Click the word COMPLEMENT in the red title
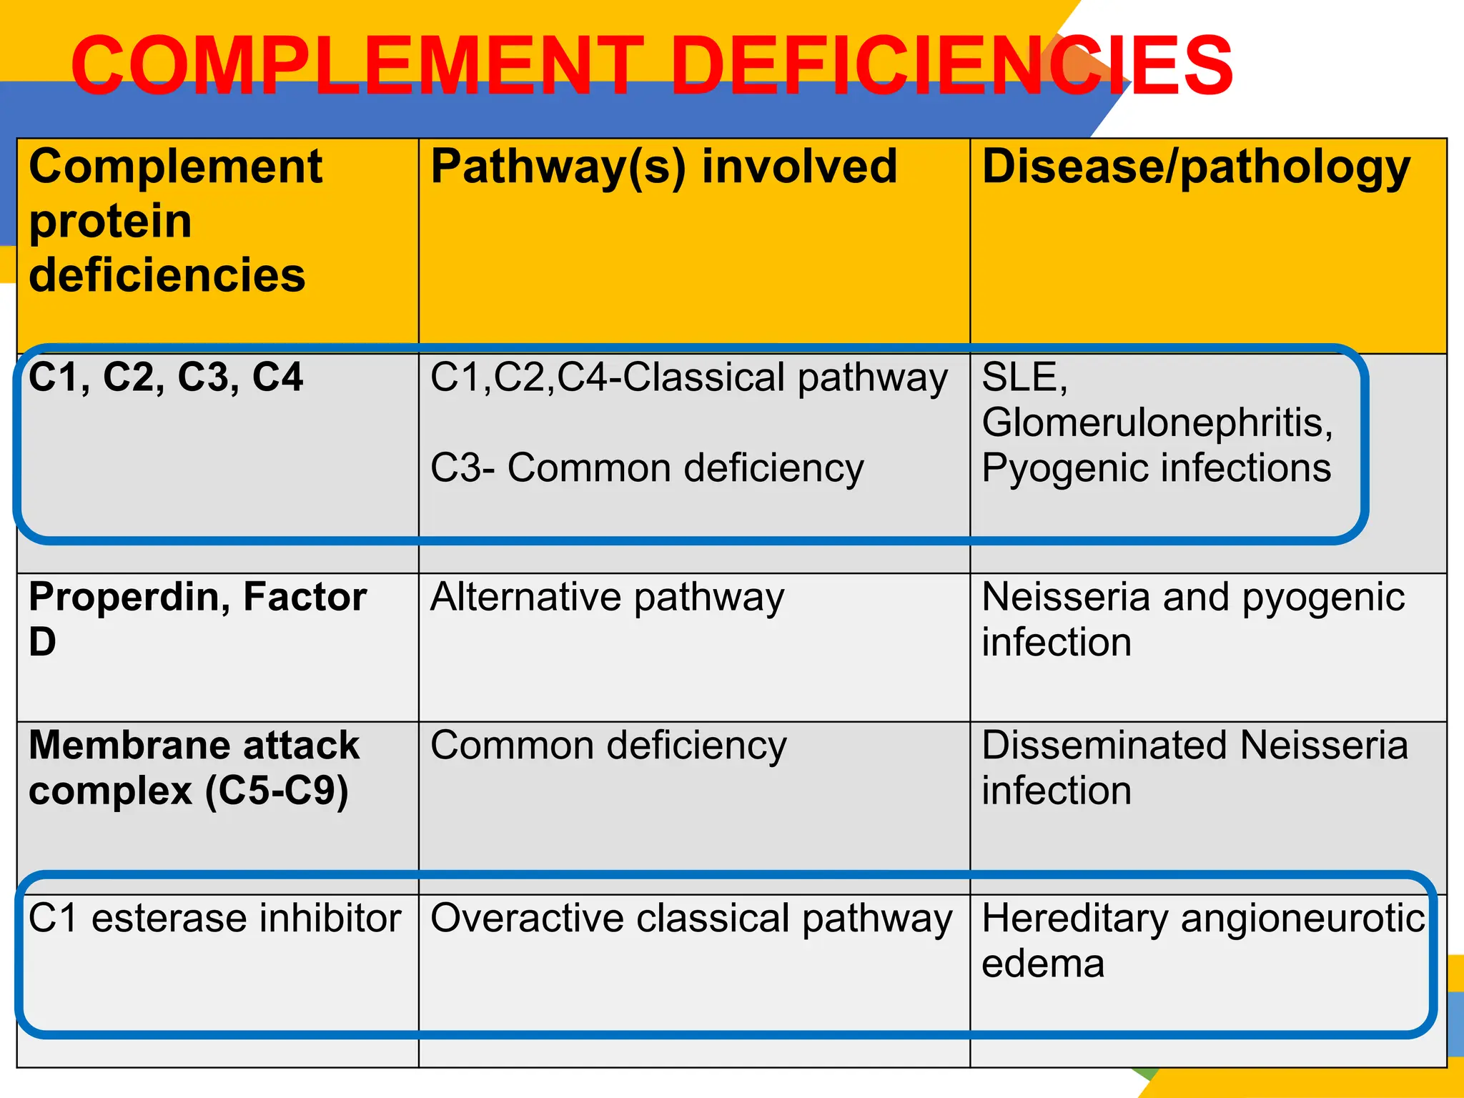(x=357, y=66)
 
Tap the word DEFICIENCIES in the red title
(x=951, y=66)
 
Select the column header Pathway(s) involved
(x=663, y=167)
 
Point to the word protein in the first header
(x=111, y=222)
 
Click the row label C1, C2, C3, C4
(x=166, y=377)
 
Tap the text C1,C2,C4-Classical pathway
(x=688, y=377)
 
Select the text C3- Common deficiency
(x=647, y=468)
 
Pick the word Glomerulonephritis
(x=1157, y=422)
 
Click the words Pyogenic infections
(x=1156, y=468)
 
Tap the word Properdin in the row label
(x=129, y=597)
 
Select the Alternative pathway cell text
(x=607, y=597)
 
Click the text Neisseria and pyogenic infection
(x=1192, y=619)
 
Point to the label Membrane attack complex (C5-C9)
(x=193, y=768)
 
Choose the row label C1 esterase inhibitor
(x=214, y=919)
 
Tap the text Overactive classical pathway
(x=691, y=919)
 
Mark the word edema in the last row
(x=1043, y=964)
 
